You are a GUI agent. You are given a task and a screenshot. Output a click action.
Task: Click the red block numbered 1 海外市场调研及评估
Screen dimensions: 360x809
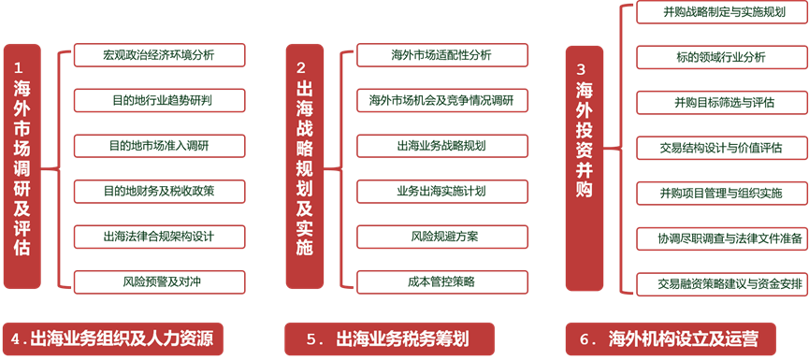pyautogui.click(x=23, y=165)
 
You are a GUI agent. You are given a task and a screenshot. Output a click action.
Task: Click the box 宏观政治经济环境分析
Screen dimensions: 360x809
pyautogui.click(x=159, y=55)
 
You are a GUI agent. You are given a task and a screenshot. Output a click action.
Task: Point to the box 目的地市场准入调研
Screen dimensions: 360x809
pyautogui.click(x=159, y=145)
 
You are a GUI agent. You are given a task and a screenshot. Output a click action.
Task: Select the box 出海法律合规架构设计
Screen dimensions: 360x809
pyautogui.click(x=159, y=236)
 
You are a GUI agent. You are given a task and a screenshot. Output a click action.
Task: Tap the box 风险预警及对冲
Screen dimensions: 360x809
pyautogui.click(x=159, y=280)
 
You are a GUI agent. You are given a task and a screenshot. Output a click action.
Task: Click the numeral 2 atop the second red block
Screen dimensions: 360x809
pyautogui.click(x=301, y=67)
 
